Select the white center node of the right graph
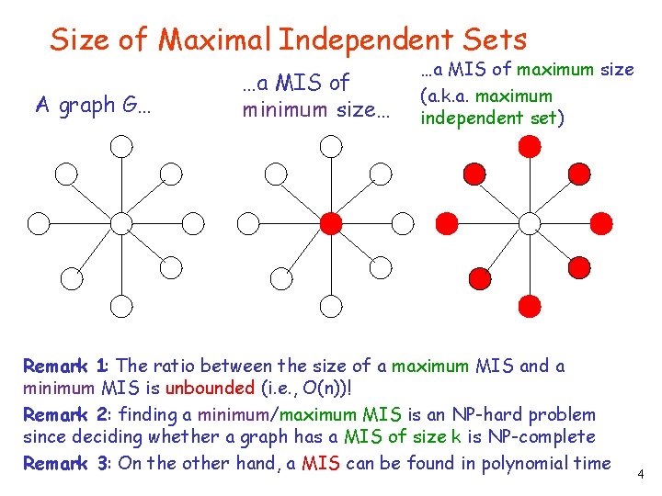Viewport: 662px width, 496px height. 530,221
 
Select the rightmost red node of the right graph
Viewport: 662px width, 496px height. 601,221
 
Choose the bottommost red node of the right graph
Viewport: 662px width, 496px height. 530,306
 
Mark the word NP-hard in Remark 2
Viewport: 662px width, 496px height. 472,414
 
